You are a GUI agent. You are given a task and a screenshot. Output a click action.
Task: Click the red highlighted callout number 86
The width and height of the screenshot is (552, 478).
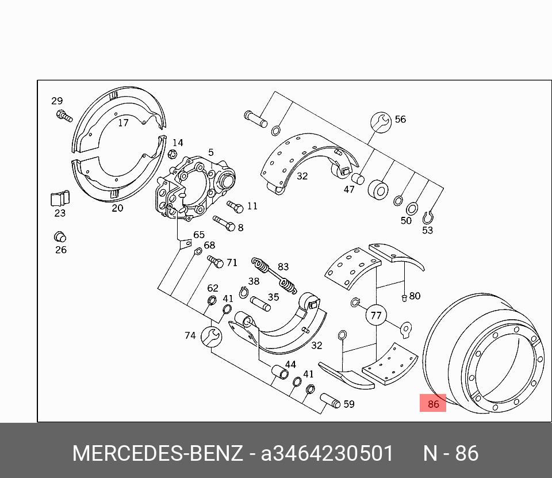(x=432, y=403)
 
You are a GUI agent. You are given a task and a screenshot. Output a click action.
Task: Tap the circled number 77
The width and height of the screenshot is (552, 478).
(x=376, y=315)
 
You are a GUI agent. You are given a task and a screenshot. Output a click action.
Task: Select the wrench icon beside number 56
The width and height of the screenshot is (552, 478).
(x=381, y=123)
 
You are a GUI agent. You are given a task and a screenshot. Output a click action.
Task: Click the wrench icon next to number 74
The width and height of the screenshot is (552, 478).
(x=211, y=337)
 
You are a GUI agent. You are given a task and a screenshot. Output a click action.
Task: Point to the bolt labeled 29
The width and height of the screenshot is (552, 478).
(x=64, y=116)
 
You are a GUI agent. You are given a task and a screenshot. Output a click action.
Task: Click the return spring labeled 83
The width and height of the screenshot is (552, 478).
(x=274, y=276)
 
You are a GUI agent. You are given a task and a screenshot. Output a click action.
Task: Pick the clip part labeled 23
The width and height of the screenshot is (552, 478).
(x=60, y=198)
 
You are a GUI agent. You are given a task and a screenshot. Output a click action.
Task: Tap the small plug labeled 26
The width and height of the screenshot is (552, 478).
(x=60, y=236)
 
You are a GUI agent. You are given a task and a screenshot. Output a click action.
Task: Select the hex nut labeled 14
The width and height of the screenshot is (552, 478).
(x=172, y=154)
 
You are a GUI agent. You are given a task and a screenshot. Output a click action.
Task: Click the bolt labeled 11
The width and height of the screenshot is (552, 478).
(x=235, y=207)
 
